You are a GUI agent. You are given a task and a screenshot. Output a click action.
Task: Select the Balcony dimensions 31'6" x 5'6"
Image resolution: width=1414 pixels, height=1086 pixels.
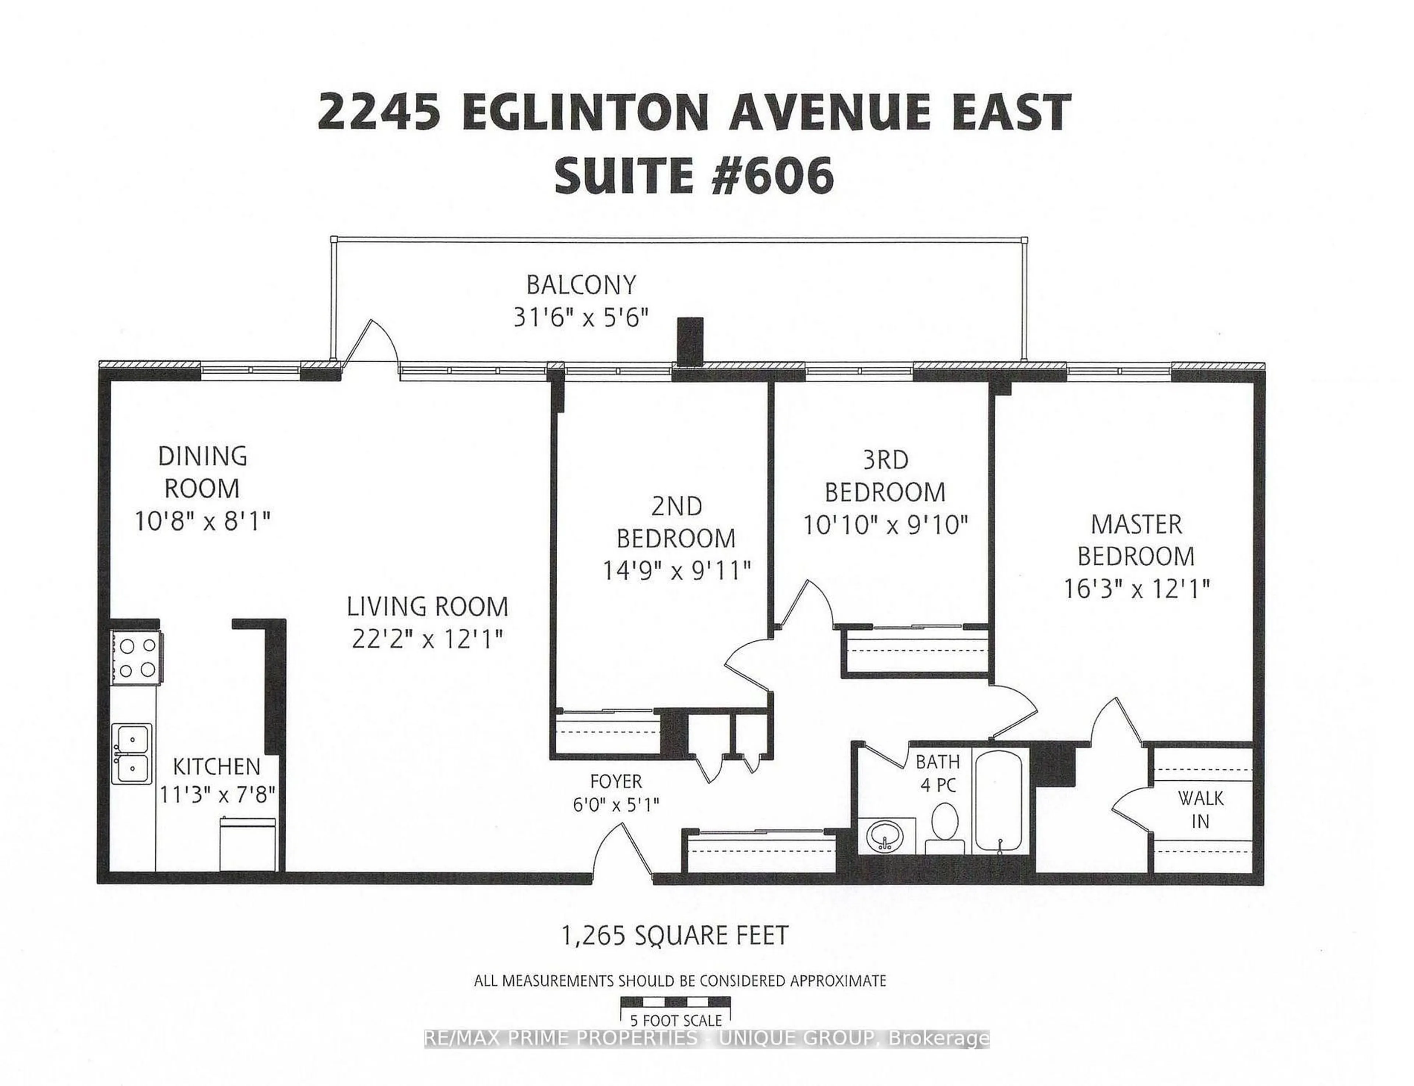pyautogui.click(x=580, y=317)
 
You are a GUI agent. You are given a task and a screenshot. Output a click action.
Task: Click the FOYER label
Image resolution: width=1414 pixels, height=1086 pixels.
pyautogui.click(x=616, y=781)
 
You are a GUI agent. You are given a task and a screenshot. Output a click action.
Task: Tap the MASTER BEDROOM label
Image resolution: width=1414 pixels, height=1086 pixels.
pyautogui.click(x=1136, y=540)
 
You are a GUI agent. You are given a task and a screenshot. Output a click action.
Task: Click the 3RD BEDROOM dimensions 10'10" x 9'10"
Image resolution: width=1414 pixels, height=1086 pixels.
pyautogui.click(x=885, y=525)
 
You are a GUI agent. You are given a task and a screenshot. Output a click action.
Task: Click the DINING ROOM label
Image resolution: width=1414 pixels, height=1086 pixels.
pyautogui.click(x=202, y=472)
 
